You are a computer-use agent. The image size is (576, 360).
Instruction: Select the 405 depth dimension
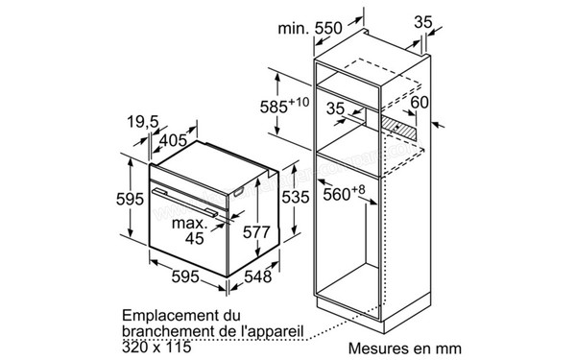tap(175, 140)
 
